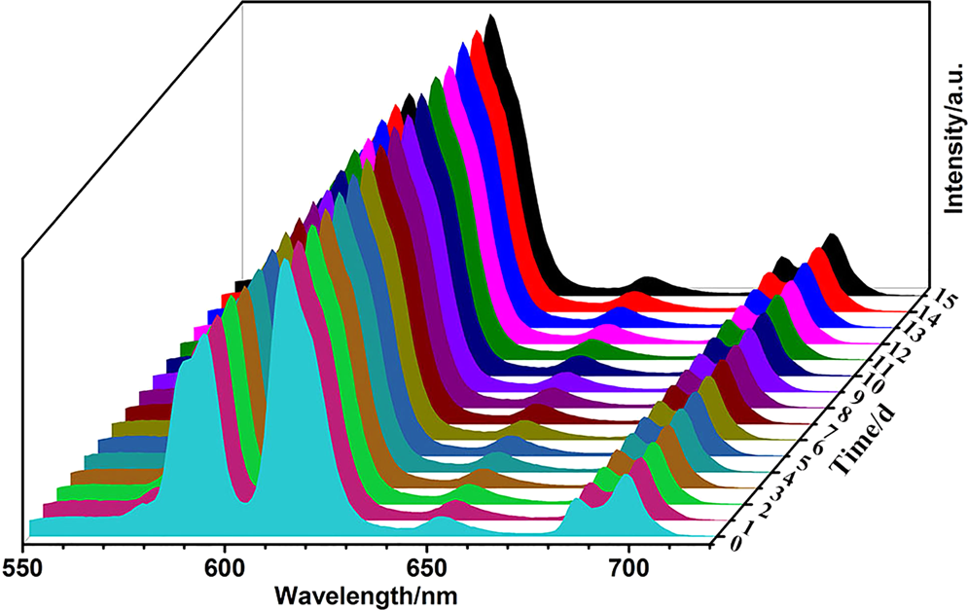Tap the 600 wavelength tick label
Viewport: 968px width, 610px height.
point(225,564)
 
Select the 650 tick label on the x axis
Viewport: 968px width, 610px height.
point(426,564)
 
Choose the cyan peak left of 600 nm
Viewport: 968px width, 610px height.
point(203,337)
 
